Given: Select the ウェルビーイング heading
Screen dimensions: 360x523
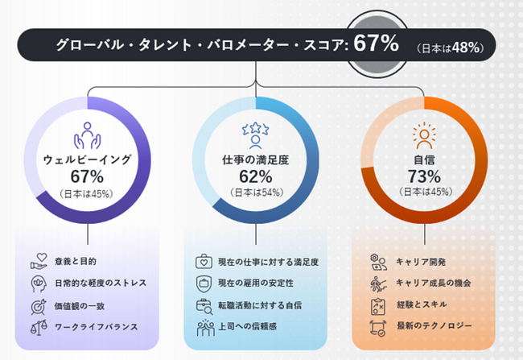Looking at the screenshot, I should [x=87, y=159].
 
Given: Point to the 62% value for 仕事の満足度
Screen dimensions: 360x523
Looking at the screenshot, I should [x=256, y=176].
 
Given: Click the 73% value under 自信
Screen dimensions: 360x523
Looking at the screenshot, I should [x=423, y=176].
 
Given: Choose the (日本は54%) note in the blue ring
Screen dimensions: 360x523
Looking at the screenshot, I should [x=256, y=192].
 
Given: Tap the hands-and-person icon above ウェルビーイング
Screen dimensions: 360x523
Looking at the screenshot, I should [x=87, y=134].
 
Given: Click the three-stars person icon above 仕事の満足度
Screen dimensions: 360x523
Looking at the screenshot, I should [x=256, y=134].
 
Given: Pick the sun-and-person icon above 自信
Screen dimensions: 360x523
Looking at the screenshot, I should [x=423, y=134].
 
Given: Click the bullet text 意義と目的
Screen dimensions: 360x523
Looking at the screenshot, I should [x=75, y=262].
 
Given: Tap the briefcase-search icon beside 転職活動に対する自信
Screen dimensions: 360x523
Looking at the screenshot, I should [x=204, y=304].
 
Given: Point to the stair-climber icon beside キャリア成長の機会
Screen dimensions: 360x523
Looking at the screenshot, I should [x=377, y=283].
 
